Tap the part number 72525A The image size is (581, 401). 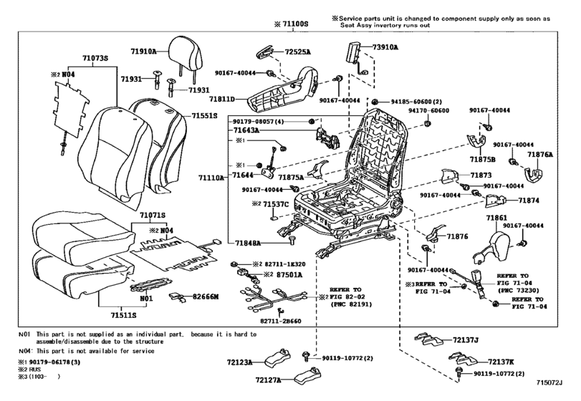click(x=298, y=52)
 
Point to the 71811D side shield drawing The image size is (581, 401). click(x=284, y=89)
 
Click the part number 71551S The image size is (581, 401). click(x=204, y=116)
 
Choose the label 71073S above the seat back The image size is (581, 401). click(x=95, y=58)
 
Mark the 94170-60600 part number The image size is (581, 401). click(x=428, y=110)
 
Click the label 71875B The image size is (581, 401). click(x=483, y=160)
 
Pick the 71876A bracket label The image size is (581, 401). click(x=540, y=155)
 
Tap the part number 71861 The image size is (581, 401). click(x=496, y=218)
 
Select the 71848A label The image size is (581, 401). click(x=248, y=243)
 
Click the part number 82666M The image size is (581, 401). click(x=206, y=296)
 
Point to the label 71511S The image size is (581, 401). click(x=123, y=316)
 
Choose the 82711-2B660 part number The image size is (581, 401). click(x=281, y=321)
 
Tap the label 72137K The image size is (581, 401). click(x=501, y=362)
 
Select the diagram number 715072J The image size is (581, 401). click(x=549, y=382)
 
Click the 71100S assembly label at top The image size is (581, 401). click(x=295, y=24)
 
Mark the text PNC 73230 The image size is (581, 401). click(x=518, y=290)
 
